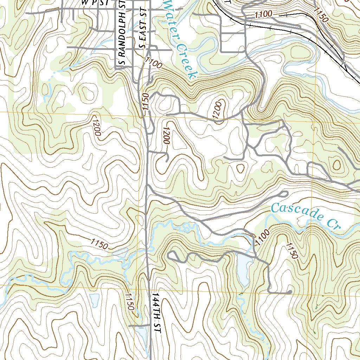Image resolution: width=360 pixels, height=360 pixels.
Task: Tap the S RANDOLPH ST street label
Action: click(122, 34)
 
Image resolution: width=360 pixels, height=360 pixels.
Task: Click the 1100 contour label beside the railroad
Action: click(263, 14)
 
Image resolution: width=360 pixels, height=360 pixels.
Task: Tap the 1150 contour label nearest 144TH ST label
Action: click(129, 302)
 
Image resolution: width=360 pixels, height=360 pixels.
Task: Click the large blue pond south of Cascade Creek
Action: click(242, 269)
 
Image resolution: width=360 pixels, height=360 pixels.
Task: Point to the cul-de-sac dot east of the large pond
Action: click(289, 291)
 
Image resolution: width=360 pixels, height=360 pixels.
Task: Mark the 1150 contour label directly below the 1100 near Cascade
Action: click(292, 251)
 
